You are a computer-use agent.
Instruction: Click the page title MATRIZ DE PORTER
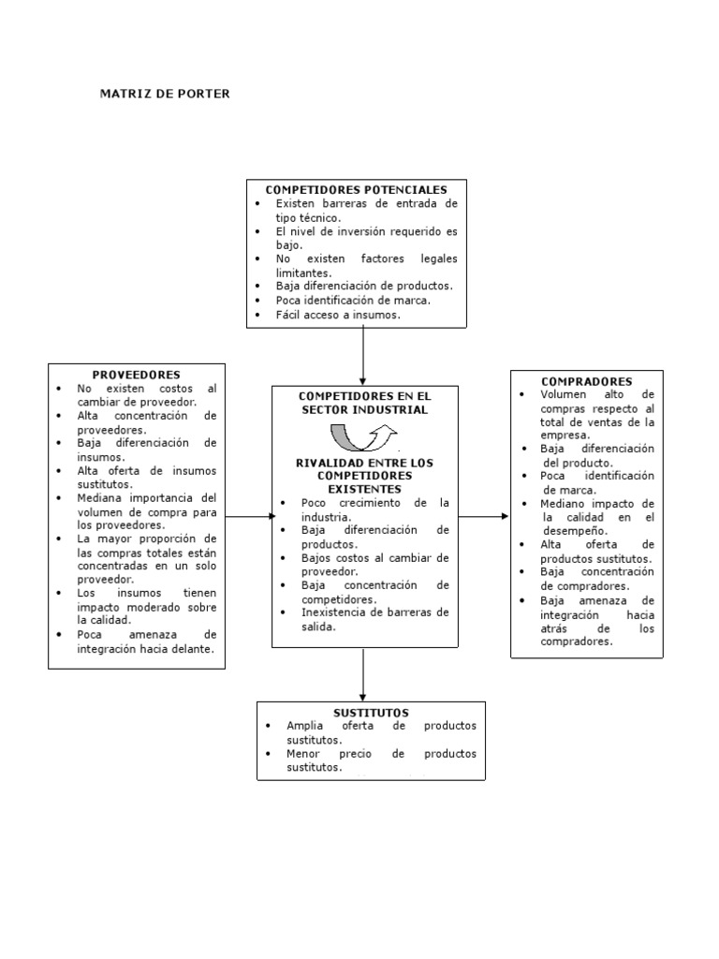point(164,94)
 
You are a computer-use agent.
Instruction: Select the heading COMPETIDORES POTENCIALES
point(357,189)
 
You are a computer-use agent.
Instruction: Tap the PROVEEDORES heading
point(137,374)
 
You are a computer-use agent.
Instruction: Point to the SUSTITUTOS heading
point(371,713)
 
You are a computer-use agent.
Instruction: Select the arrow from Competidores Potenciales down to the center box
point(363,356)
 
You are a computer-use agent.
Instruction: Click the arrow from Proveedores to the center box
point(249,516)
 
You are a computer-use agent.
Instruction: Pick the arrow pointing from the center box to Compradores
point(484,516)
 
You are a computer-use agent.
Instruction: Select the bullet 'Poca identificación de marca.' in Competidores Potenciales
point(352,301)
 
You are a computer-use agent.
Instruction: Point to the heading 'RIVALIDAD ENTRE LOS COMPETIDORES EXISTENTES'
point(364,476)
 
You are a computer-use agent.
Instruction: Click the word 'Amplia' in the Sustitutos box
point(304,726)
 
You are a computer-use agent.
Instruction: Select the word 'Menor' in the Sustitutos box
point(303,753)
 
